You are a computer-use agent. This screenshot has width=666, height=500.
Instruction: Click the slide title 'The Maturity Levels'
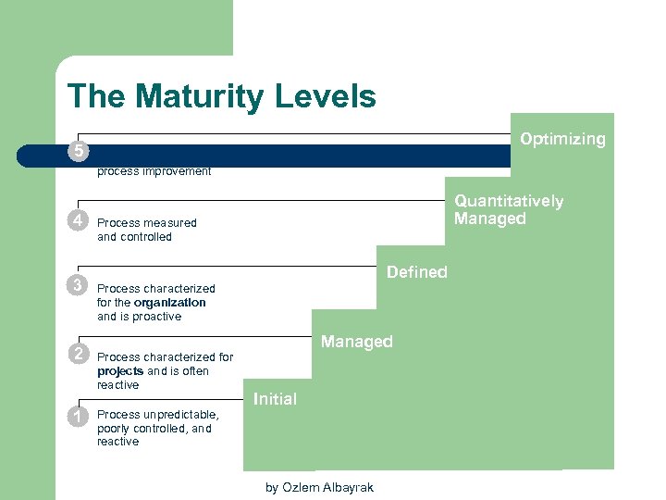[222, 96]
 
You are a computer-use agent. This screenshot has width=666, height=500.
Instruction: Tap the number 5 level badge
[80, 151]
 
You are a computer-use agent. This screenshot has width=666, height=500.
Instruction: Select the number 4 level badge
[80, 221]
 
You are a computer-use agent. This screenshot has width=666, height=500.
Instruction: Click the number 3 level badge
[80, 284]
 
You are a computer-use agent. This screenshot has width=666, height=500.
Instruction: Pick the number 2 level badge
[80, 354]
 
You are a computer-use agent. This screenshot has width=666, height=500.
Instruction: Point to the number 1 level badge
[80, 417]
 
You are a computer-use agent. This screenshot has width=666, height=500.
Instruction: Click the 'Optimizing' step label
[562, 139]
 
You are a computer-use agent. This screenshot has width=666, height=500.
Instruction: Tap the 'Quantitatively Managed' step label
[508, 210]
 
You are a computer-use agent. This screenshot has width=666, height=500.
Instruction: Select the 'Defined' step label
[416, 272]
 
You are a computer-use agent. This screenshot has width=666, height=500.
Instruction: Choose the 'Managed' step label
[356, 342]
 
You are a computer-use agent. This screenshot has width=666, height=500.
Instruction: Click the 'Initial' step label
[275, 399]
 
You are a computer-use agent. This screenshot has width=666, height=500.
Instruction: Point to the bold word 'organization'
[169, 302]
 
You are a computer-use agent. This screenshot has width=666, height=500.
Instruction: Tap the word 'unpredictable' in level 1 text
[181, 414]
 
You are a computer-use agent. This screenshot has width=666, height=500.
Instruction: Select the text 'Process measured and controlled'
[146, 230]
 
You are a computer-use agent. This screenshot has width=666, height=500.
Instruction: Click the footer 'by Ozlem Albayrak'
[319, 487]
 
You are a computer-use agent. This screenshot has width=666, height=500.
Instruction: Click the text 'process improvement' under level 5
[154, 171]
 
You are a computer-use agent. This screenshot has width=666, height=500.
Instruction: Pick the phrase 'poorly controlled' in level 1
[141, 428]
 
